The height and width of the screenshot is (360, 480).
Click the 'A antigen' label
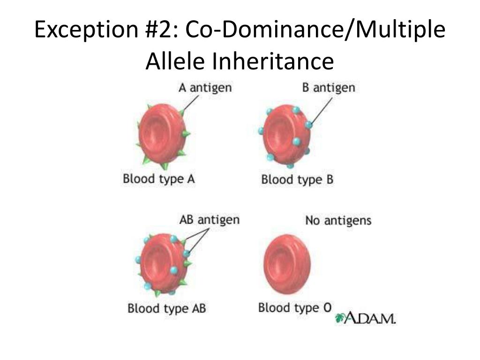[205, 88]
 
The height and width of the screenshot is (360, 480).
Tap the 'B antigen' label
[329, 88]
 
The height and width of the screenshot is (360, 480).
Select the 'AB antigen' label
[209, 220]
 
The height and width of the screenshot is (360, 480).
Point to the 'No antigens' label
[338, 220]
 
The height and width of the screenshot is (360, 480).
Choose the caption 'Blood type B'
[297, 180]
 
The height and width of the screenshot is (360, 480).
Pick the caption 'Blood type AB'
[167, 308]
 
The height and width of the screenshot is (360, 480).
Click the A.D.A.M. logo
[366, 319]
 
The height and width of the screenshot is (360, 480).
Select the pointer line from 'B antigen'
[320, 107]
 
